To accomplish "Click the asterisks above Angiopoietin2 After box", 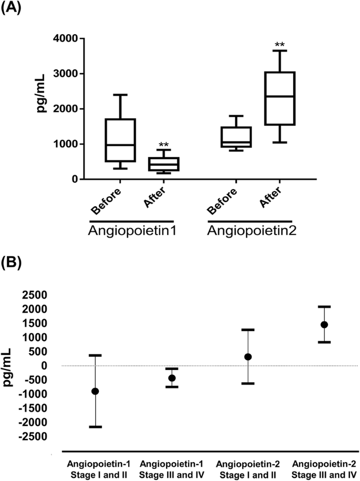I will tap(279, 45).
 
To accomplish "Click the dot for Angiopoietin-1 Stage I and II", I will tap(95, 391).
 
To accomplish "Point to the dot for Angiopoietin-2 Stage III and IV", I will tap(324, 324).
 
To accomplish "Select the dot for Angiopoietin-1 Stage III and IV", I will tap(171, 378).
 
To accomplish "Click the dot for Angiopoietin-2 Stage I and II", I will tap(248, 357).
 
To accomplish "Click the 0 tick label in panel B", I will tap(52, 365).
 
